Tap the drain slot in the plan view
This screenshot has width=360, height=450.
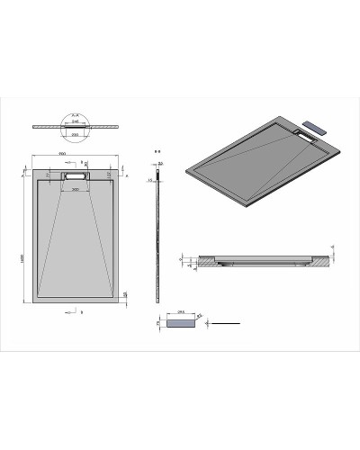pos(74,176)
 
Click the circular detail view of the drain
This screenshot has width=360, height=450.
pos(74,123)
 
